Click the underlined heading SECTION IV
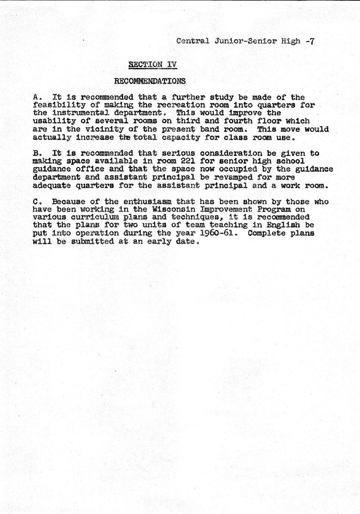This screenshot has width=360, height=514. [152, 64]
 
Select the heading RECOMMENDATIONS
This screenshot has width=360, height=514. [149, 81]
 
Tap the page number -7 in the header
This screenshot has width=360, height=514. [310, 41]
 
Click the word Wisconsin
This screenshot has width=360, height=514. [171, 210]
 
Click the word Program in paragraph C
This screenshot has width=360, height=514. [274, 210]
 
